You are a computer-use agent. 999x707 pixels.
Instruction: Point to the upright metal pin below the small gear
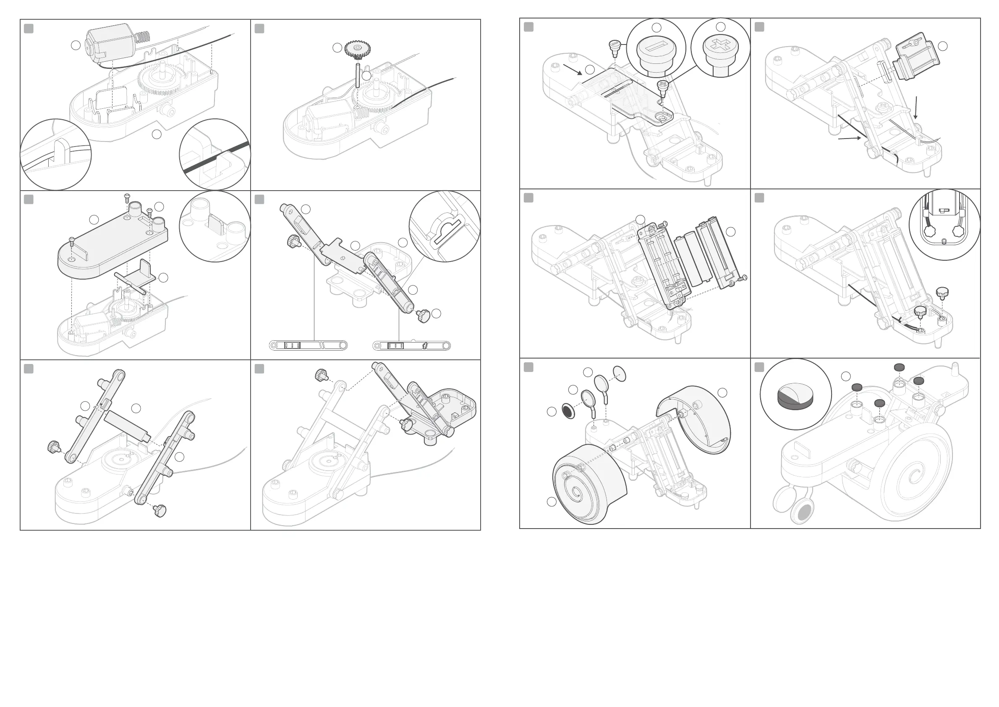357,75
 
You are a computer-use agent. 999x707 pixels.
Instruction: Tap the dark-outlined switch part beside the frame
915,56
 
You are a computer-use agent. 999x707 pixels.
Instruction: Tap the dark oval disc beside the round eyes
567,410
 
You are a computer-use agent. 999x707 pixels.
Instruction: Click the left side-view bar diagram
308,346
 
